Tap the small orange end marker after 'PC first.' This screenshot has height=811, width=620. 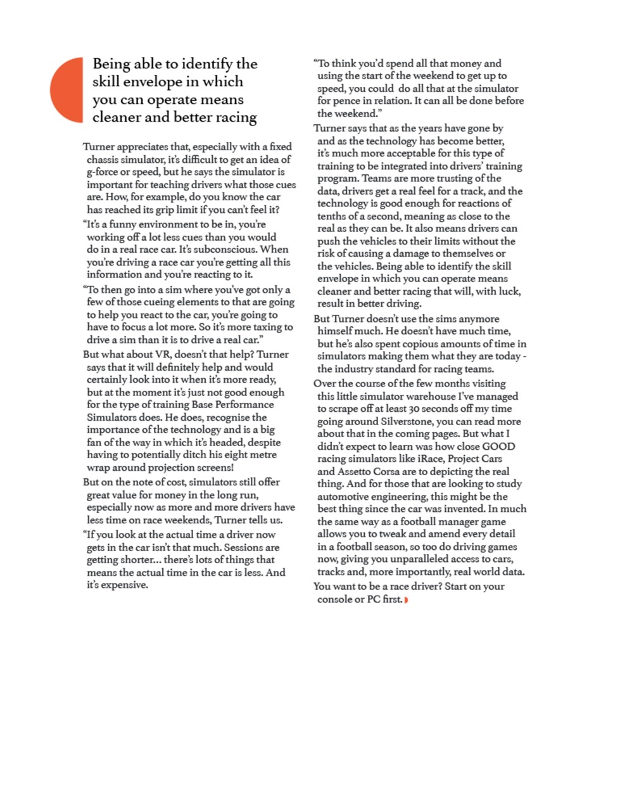406,600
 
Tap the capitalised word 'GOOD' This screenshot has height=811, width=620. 498,446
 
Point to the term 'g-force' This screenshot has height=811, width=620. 104,172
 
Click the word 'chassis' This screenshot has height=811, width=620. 104,160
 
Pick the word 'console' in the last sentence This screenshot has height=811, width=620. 335,599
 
